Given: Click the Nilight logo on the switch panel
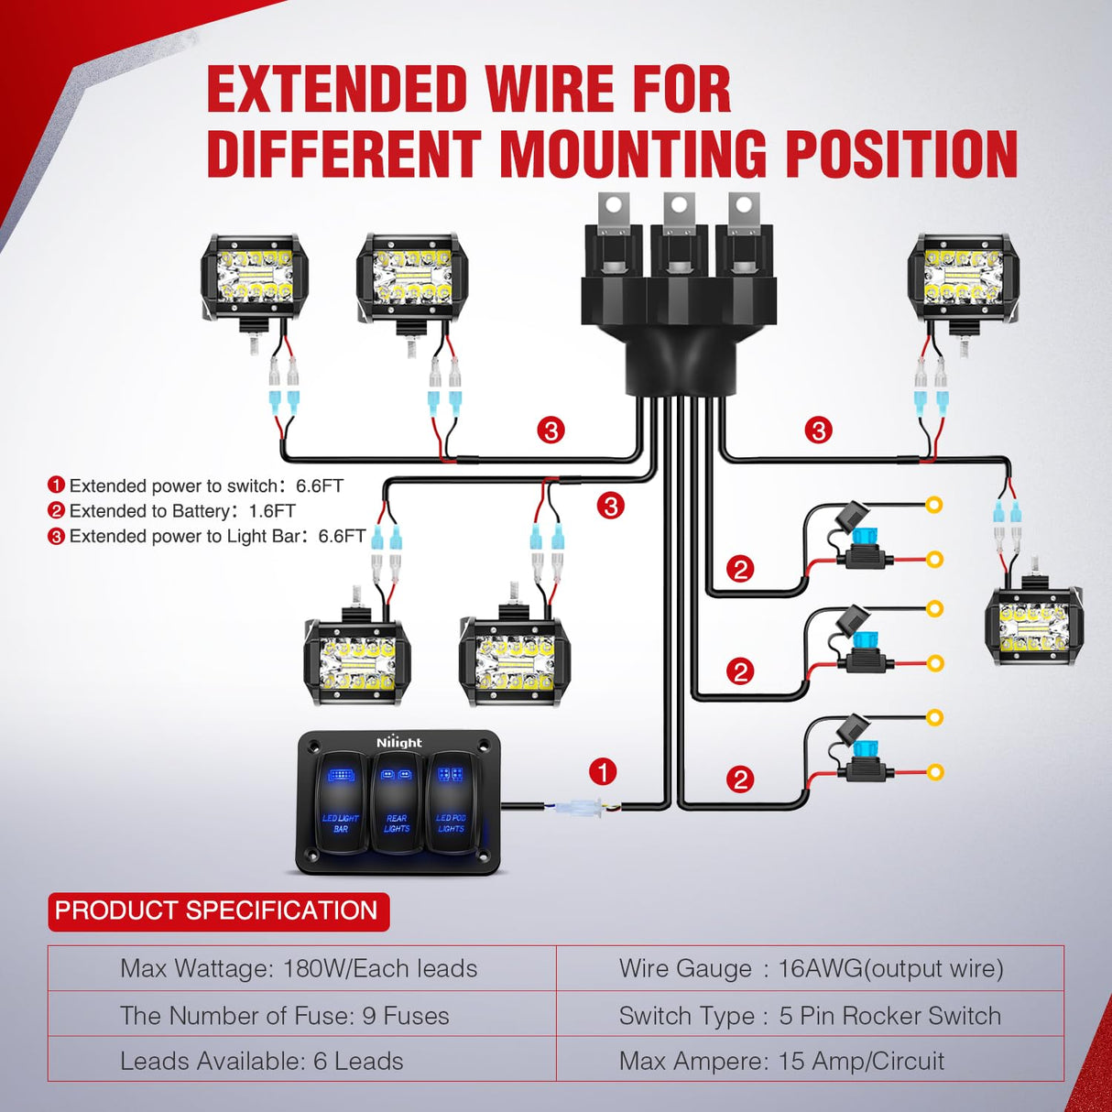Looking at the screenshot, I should click(399, 743).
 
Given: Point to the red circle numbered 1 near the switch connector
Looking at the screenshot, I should click(603, 772).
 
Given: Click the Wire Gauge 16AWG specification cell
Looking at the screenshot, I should click(811, 968).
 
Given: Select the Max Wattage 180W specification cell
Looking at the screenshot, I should click(300, 968).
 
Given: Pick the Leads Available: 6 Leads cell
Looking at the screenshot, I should click(262, 1061).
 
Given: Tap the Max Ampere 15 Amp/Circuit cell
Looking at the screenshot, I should click(781, 1061).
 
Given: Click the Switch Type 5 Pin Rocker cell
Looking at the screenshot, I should click(810, 1015).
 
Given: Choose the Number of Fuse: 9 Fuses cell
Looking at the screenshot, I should click(285, 1015).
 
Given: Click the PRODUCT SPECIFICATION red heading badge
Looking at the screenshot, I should click(217, 911).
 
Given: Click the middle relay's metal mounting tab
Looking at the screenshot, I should click(679, 209).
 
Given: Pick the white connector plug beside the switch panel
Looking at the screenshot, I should click(576, 808).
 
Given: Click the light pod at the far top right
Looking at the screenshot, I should click(962, 278).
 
